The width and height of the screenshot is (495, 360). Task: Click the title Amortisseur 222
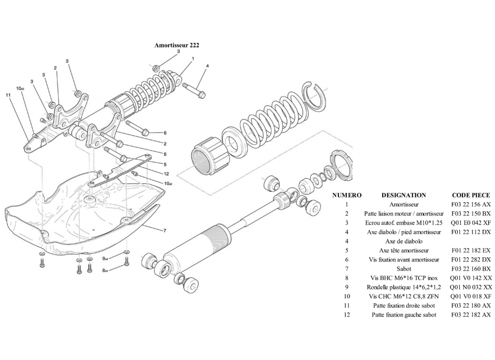(177, 45)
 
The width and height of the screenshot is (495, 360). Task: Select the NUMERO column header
(346, 195)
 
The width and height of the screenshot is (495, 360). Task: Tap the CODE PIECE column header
(471, 195)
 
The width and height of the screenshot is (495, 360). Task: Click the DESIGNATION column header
(404, 195)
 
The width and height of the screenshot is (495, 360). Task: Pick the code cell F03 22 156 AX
(471, 204)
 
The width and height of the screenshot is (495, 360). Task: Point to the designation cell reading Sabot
(404, 269)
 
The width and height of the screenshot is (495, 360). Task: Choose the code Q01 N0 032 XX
(471, 287)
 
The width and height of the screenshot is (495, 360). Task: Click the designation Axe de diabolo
(404, 241)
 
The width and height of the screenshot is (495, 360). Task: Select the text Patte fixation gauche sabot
(404, 315)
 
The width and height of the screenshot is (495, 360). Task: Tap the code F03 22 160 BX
(471, 269)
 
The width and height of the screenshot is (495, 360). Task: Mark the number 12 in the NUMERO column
(346, 315)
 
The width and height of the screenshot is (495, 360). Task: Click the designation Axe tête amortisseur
(404, 250)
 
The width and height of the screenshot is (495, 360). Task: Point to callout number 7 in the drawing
(164, 231)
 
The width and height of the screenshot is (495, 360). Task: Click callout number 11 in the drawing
(8, 95)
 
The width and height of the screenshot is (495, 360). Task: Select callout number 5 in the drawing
(165, 164)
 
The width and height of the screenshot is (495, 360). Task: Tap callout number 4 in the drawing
(207, 66)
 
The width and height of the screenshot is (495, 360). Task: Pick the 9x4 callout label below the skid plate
(106, 259)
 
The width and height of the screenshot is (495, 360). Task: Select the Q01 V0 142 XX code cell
(471, 278)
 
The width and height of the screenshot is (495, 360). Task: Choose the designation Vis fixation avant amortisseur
(404, 259)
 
